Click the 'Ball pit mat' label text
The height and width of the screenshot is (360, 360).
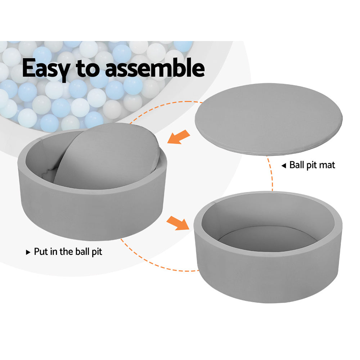(312, 165)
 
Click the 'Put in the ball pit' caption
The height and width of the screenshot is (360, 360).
(68, 251)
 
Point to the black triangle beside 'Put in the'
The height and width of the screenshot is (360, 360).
(28, 252)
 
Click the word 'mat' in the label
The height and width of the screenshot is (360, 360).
(327, 165)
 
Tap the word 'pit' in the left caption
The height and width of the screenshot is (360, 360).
(96, 252)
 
